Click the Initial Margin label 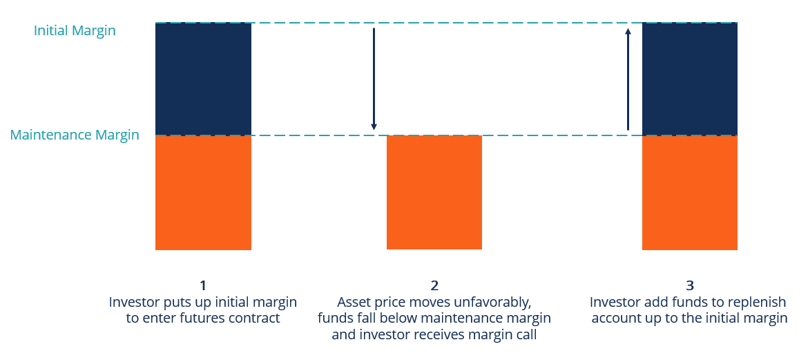pos(75,31)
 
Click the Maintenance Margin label pos(75,135)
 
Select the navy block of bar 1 pos(203,79)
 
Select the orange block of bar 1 pos(203,193)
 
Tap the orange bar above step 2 pos(434,192)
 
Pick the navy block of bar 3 pos(689,79)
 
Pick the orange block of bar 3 pos(689,193)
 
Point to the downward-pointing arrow pos(374,79)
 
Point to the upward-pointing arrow pos(628,79)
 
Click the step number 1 pos(203,285)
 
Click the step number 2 pos(434,285)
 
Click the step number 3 pos(689,285)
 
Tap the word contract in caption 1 pos(256,319)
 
